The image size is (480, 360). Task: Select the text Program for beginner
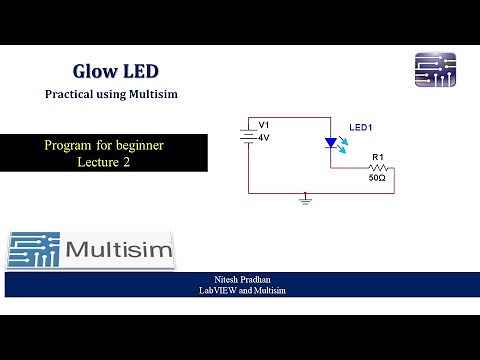103,146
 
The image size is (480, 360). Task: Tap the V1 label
264,125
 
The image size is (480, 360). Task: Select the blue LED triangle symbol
331,143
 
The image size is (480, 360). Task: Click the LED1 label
360,128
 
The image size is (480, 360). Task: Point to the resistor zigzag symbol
378,168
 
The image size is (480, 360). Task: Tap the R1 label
378,157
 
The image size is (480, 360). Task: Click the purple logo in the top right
435,70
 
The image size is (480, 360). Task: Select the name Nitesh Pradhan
241,280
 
